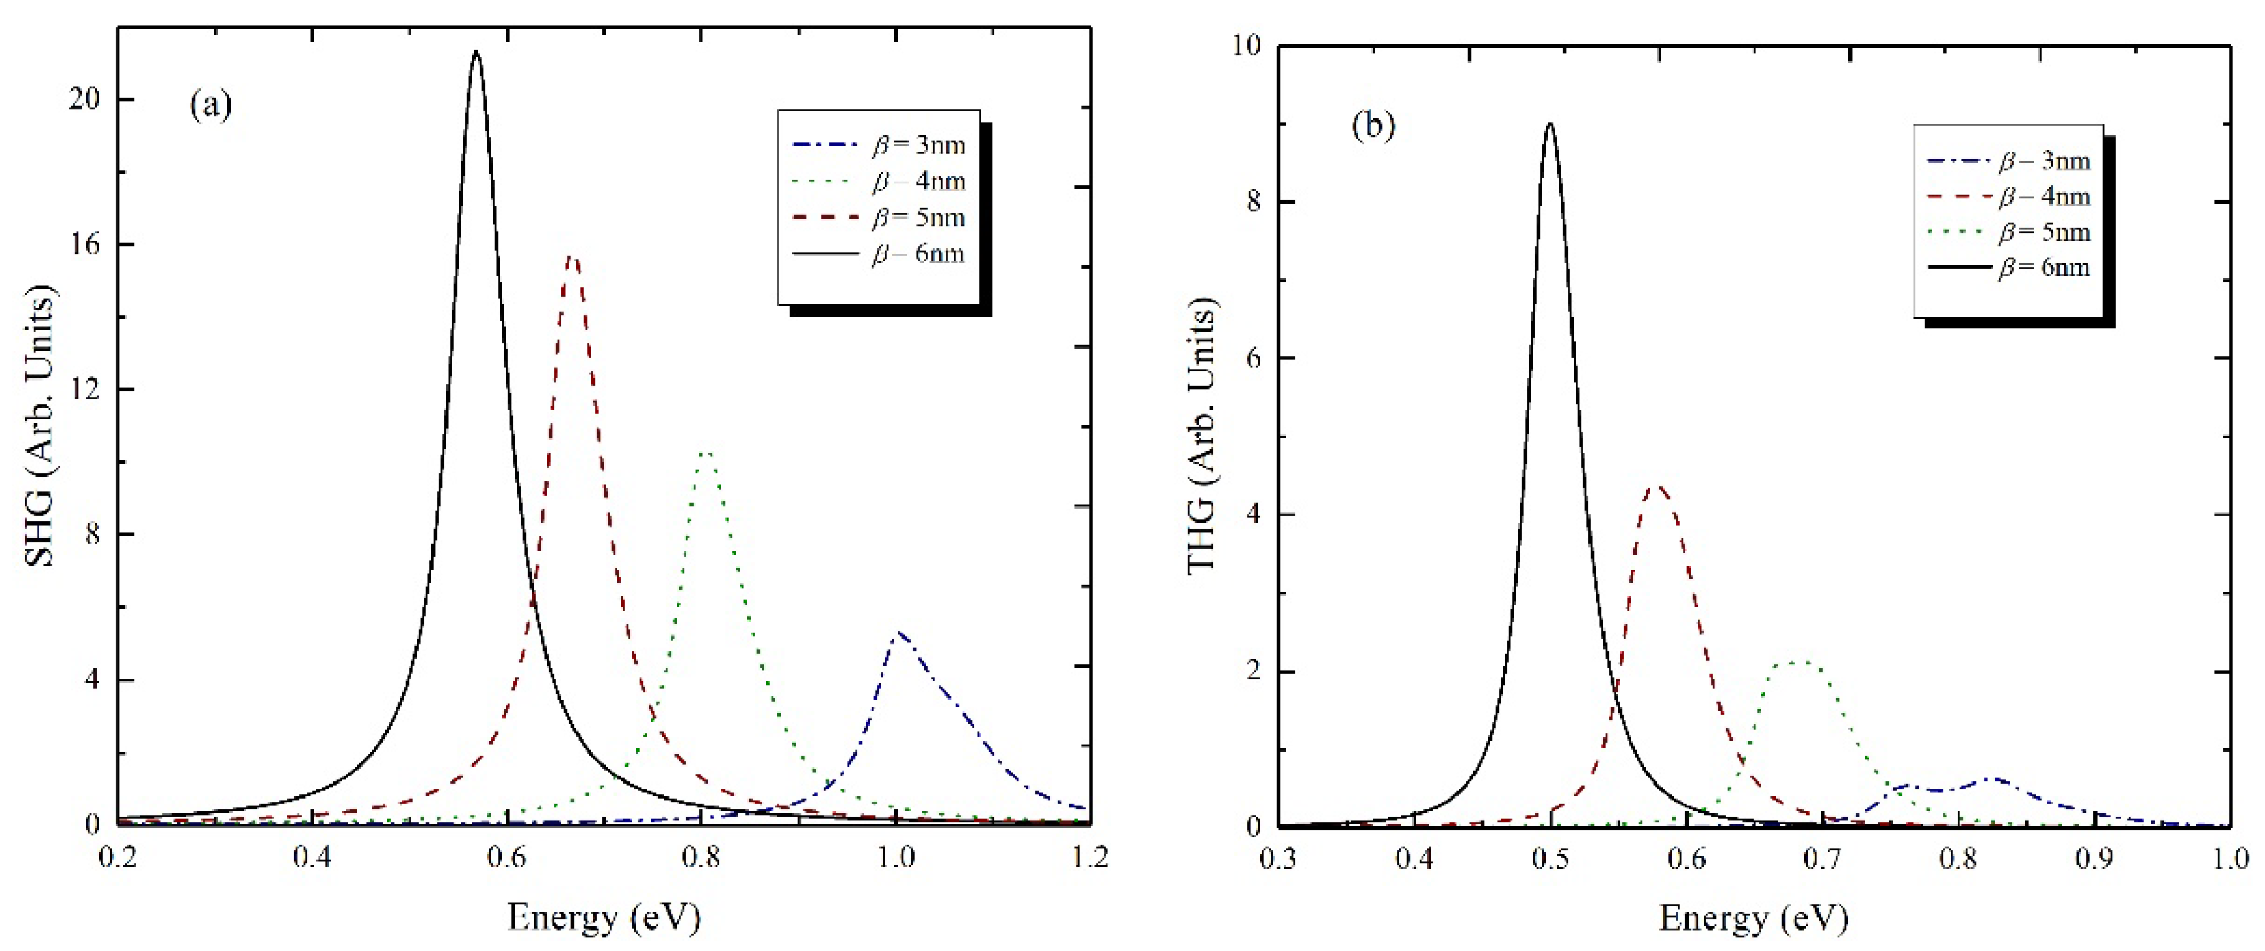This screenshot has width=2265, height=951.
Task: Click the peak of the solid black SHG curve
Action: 476,51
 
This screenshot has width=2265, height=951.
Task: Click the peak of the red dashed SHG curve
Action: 572,257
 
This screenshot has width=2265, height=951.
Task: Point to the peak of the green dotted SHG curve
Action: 705,452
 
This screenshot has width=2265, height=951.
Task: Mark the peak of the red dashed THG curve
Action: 1657,487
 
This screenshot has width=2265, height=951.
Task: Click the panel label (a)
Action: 211,106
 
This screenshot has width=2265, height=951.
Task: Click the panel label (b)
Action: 1373,127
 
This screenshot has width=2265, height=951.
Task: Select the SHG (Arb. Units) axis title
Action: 39,427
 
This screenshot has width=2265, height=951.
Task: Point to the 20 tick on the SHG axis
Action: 84,99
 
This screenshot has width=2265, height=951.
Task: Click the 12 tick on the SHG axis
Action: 84,389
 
